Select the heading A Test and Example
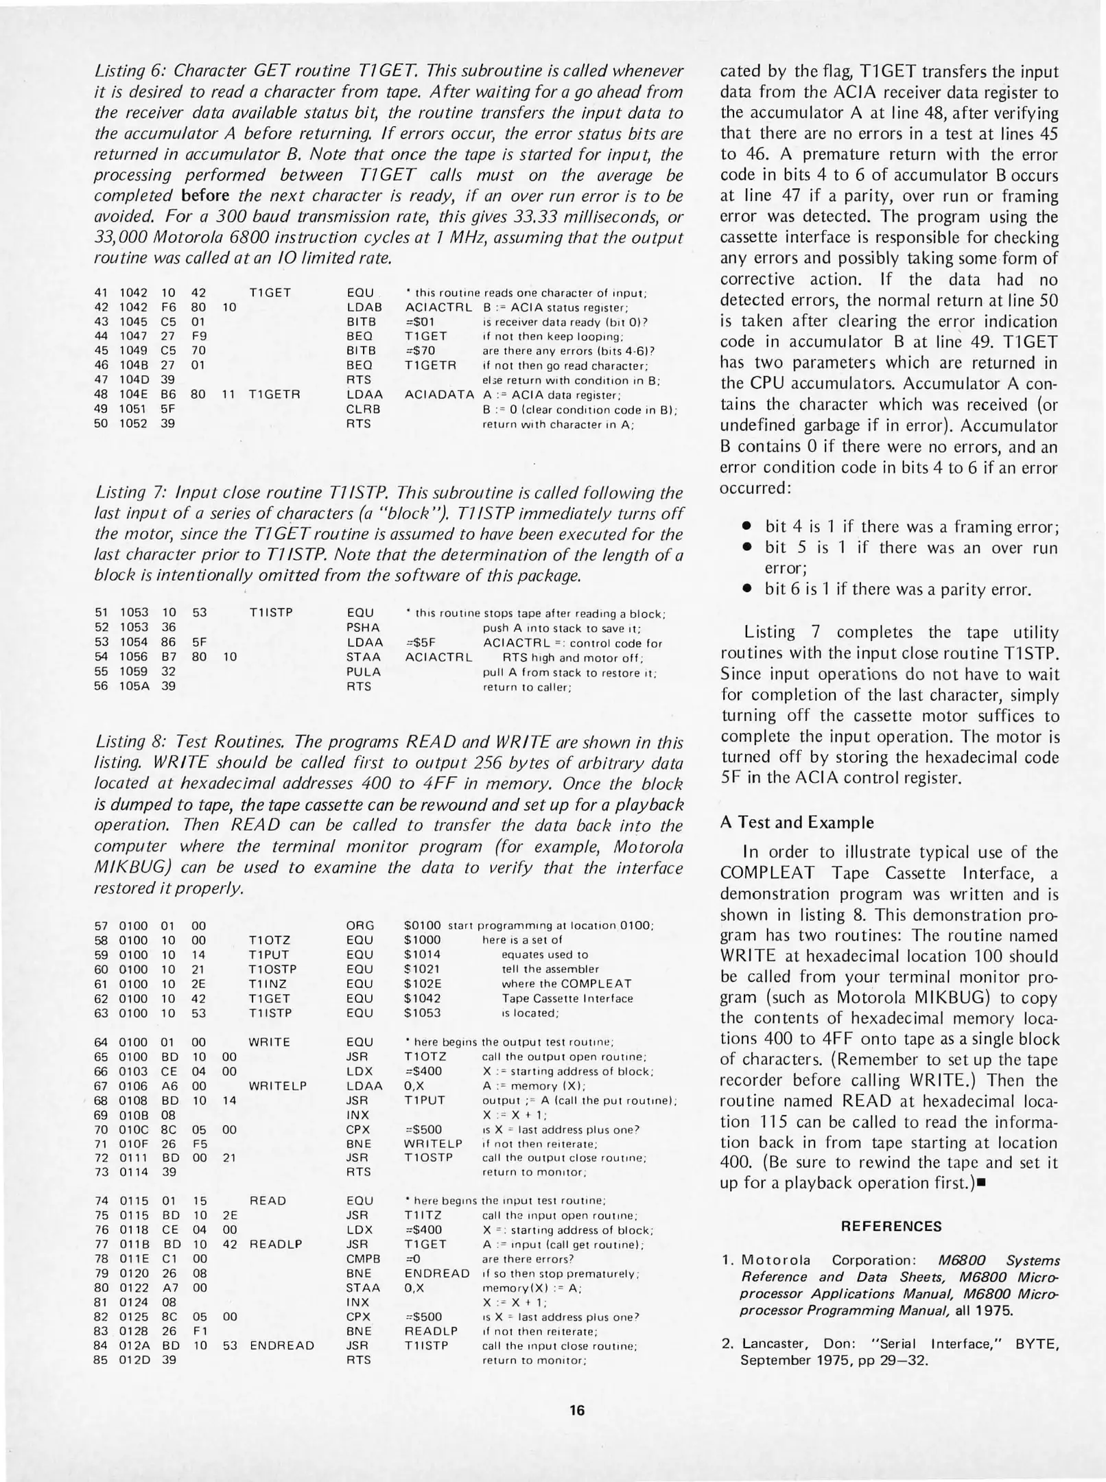coord(797,823)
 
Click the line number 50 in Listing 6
coord(100,424)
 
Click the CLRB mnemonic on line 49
coord(364,410)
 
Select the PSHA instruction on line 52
coord(363,628)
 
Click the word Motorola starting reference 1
coord(776,1260)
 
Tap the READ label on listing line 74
coord(268,1201)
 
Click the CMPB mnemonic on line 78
coord(364,1259)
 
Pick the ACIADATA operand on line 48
coord(439,395)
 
